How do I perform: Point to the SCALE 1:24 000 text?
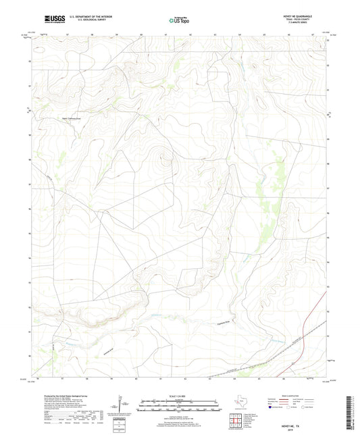pyautogui.click(x=179, y=395)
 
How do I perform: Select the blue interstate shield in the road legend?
pyautogui.click(x=274, y=407)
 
